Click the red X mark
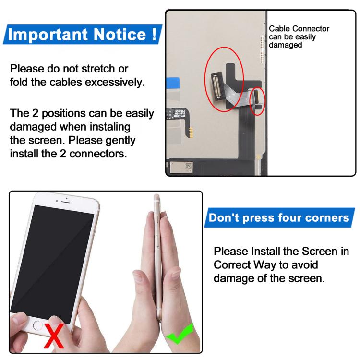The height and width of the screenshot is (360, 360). [54, 335]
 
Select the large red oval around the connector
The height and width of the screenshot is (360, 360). [224, 79]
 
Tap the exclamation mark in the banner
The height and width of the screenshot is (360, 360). [154, 35]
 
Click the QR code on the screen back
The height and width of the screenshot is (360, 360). [188, 166]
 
